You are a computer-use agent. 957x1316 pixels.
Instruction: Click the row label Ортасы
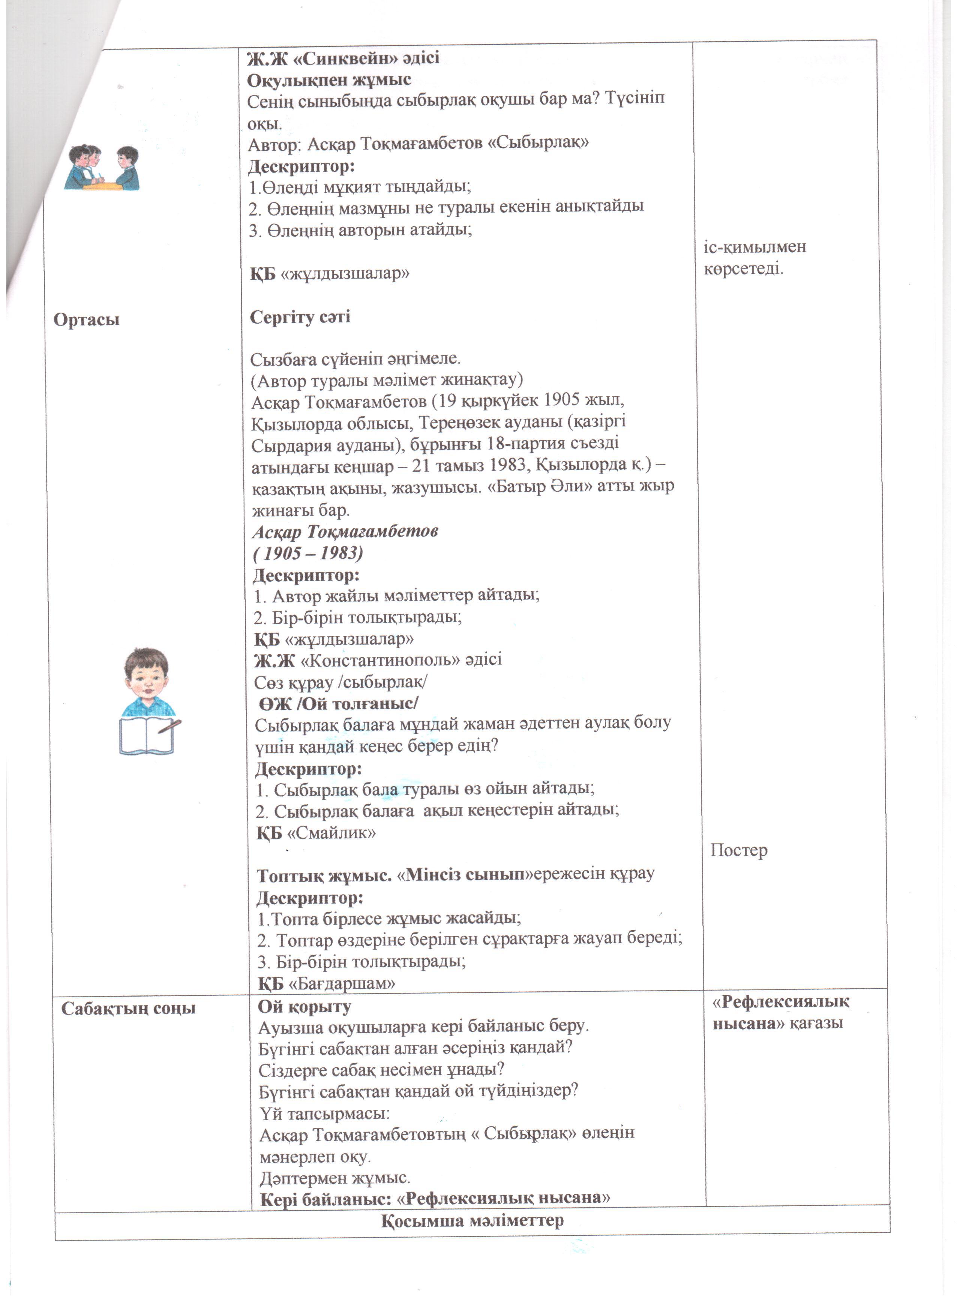point(87,320)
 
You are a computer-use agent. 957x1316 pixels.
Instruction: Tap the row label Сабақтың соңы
point(128,1008)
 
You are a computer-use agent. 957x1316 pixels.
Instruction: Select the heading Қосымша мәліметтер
point(472,1220)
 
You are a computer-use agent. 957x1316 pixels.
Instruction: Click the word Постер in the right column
point(739,851)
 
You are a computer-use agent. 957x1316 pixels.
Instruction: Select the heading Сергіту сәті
point(300,318)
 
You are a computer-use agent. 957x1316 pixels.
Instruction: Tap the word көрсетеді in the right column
point(743,269)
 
